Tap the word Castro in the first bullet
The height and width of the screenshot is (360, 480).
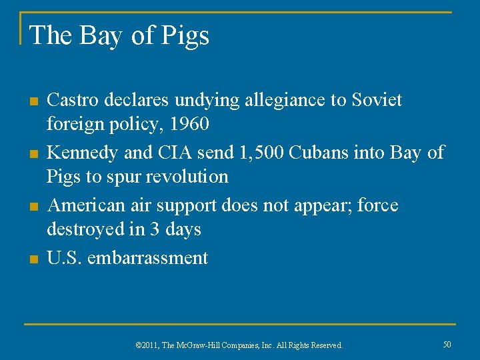(71, 100)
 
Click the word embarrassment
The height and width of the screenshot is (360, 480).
(147, 258)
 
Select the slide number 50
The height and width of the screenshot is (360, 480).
(447, 344)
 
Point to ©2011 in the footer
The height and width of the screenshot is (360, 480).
(145, 345)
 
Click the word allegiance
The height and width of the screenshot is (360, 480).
(287, 100)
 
